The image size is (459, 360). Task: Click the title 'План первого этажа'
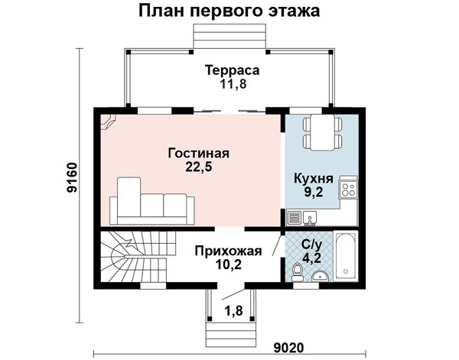229,11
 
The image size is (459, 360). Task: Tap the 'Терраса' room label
232,70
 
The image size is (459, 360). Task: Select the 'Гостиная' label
198,153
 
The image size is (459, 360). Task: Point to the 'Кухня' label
314,178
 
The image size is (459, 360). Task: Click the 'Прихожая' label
228,251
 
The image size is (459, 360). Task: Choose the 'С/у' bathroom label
313,245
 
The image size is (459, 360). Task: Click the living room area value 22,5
198,167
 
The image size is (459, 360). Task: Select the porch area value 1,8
233,310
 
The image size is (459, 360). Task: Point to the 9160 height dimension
72,177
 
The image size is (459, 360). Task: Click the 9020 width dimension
289,348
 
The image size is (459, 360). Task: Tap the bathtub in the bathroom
346,257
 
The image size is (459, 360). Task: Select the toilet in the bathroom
298,271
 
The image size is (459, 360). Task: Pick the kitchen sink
309,218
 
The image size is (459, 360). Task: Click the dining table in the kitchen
322,132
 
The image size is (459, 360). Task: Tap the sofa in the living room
152,201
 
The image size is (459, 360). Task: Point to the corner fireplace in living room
108,122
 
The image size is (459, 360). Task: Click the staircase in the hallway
138,257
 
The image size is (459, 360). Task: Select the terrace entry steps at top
229,37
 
